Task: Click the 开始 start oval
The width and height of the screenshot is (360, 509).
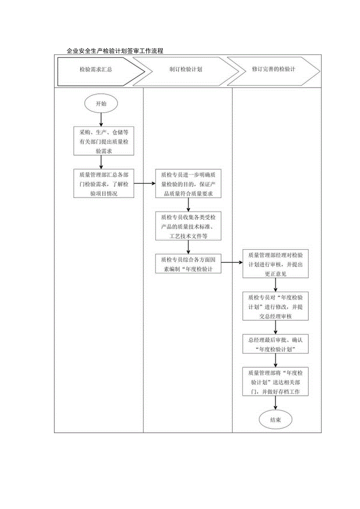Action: pos(101,104)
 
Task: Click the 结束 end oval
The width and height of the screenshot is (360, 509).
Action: pos(275,420)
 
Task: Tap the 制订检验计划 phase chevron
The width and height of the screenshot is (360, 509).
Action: pos(185,69)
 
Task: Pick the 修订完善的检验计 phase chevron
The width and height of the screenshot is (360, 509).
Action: pos(274,69)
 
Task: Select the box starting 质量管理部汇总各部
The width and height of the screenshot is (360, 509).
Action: pos(104,183)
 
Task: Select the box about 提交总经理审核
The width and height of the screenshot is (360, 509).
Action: pos(275,307)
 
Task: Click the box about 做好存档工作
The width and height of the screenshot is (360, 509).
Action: pos(275,381)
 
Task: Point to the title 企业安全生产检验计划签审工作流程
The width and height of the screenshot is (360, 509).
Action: pos(115,51)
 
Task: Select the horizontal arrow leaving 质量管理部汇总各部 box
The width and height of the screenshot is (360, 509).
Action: pos(144,183)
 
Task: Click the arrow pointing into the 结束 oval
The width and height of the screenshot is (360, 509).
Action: pos(275,404)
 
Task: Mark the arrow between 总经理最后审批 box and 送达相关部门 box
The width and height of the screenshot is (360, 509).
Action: pos(275,360)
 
